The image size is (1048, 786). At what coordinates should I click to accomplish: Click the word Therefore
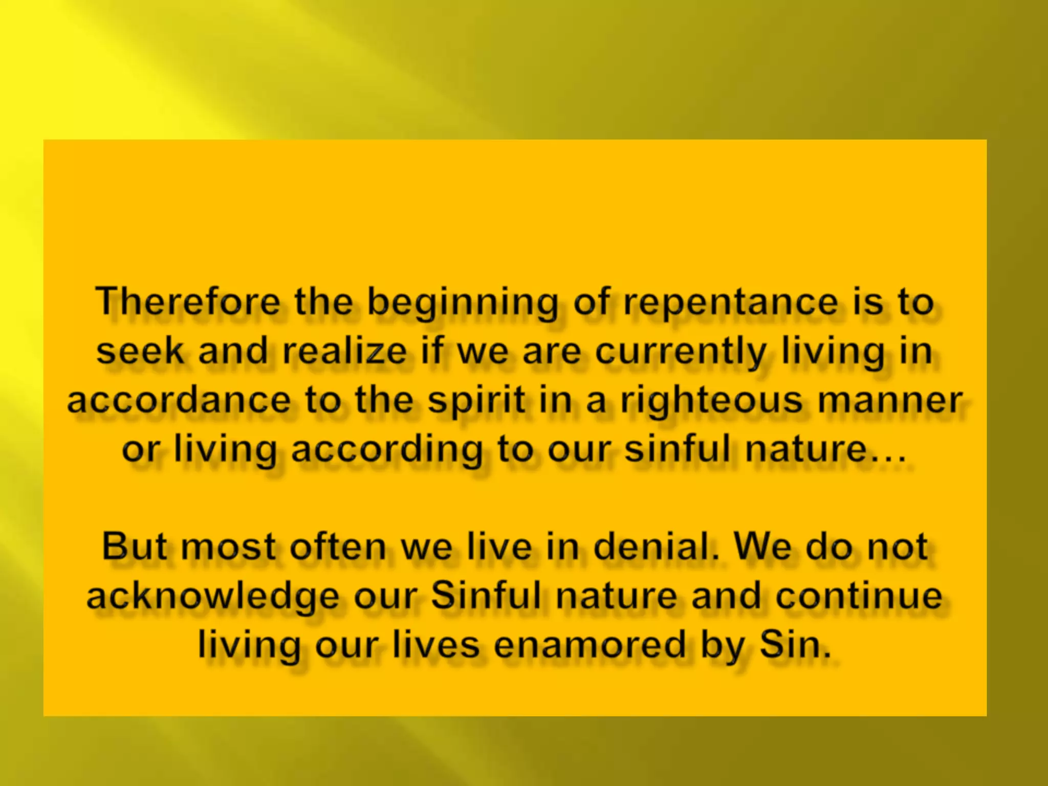pos(188,302)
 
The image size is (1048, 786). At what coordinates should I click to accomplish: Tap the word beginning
pos(463,303)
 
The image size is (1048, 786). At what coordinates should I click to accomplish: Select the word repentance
pos(731,303)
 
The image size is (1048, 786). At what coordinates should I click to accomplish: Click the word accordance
pos(179,400)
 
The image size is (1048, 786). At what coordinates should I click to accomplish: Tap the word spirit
pos(476,401)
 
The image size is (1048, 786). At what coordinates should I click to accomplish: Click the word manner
pos(890,400)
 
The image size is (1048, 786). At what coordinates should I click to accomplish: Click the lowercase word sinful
pos(678,449)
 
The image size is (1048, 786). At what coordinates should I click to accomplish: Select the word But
pos(135,547)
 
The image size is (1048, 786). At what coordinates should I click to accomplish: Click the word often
pos(338,547)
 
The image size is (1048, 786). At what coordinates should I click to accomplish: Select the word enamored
pos(589,645)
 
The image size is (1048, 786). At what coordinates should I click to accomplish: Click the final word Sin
pos(795,645)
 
